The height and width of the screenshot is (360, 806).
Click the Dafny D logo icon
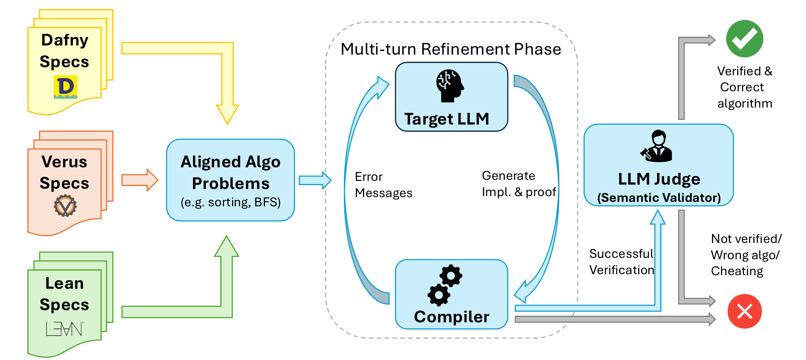coord(65,87)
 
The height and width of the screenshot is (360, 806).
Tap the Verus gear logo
coord(65,206)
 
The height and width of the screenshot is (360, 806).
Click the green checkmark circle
coord(745,39)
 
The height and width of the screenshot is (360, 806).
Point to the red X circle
coord(745,311)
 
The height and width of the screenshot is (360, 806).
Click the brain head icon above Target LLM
coord(449,86)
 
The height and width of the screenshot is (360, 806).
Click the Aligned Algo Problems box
coord(230,180)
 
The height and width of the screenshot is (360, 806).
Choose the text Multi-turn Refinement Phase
coord(451,49)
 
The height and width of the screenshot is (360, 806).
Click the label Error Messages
coord(383,185)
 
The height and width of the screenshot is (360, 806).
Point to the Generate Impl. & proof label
coord(518,184)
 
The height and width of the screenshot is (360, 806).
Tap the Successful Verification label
coord(621,262)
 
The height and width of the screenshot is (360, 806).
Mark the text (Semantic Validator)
coord(659,198)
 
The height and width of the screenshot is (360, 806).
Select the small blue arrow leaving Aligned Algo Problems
coord(314,180)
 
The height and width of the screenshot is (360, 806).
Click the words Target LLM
coord(447,119)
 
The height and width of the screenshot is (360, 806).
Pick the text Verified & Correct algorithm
coord(745,87)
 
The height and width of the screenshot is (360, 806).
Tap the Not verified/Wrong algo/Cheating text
coord(746,255)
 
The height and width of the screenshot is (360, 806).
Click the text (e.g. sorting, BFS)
coord(230,202)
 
